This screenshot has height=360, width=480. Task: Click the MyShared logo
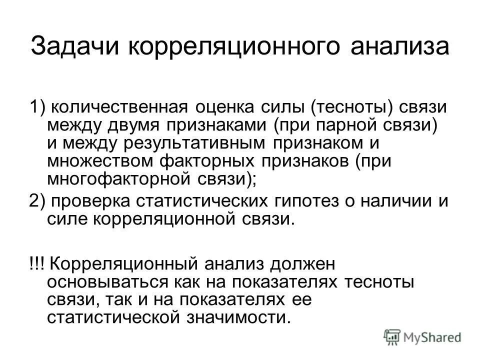[423, 337]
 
